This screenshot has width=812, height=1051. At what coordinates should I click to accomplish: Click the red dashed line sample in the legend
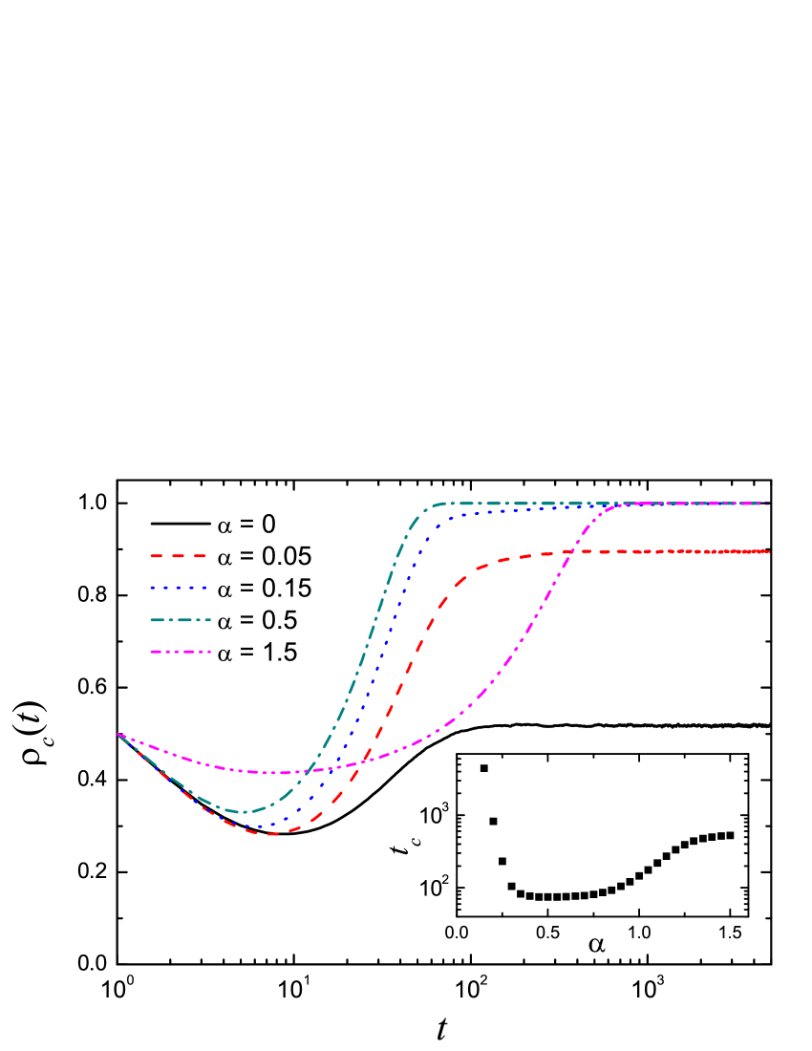179,555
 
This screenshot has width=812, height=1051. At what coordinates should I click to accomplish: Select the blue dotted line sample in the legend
179,588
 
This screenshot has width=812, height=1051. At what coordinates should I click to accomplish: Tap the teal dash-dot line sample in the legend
180,620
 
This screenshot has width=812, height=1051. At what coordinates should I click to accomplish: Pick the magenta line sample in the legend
180,652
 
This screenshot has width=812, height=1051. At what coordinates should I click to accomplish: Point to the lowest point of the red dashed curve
269,834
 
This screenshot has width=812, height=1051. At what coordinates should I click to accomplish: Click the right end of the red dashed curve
769,551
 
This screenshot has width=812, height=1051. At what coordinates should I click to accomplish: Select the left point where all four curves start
118,735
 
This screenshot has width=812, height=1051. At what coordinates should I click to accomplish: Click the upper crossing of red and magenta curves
567,552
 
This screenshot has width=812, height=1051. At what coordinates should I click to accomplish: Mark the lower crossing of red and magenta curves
364,761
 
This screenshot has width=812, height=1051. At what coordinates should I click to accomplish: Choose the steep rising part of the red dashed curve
401,678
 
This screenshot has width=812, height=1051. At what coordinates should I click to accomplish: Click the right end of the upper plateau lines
769,504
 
